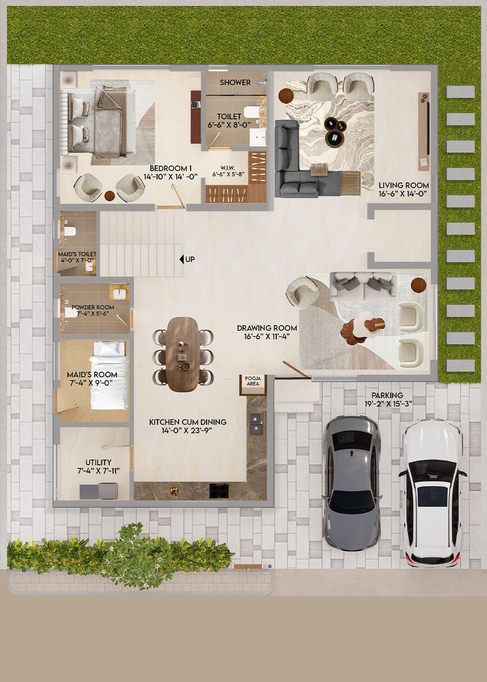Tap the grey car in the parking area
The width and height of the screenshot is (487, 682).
point(352,483)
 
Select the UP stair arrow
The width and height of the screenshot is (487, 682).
point(182,259)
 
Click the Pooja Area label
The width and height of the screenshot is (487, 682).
point(253,381)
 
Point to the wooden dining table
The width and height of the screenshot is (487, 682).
point(182,354)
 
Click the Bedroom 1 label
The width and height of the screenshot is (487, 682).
point(170,168)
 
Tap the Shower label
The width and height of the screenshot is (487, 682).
point(235,83)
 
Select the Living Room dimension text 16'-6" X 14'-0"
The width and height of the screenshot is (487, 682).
point(403,194)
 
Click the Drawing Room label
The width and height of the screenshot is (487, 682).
point(267,328)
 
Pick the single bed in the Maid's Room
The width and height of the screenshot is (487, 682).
point(109,375)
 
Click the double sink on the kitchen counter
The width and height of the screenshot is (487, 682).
point(256,424)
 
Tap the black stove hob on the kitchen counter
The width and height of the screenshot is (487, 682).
point(219,490)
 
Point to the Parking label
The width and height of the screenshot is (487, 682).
point(387,396)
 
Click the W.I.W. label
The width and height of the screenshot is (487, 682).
point(228,168)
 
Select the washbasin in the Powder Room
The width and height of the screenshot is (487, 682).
point(119,294)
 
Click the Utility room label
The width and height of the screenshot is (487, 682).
point(98,462)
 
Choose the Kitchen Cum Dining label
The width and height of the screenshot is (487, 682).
point(188,422)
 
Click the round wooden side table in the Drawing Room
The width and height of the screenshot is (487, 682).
point(418,285)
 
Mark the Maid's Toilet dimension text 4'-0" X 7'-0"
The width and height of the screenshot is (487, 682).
point(77,260)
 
